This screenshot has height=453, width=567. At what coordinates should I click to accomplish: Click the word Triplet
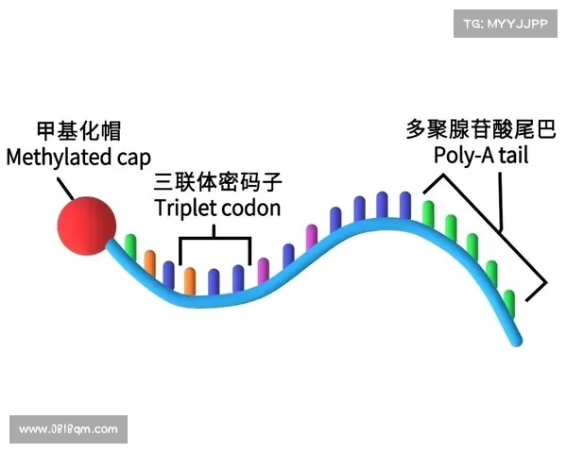pyautogui.click(x=184, y=207)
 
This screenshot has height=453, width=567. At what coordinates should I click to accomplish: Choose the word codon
pyautogui.click(x=252, y=207)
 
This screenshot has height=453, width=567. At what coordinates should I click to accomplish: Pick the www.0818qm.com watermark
pyautogui.click(x=68, y=429)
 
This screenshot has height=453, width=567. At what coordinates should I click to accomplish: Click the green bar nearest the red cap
pyautogui.click(x=130, y=247)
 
